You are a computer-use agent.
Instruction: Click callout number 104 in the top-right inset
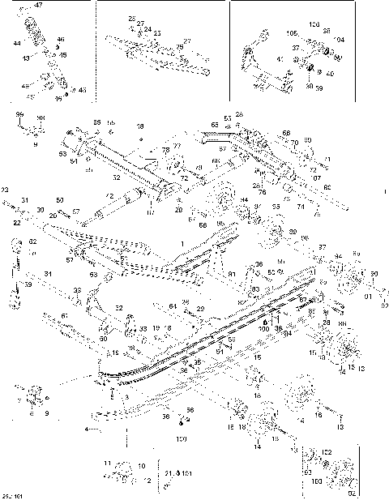pos(339,39)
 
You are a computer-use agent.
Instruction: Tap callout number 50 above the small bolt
pos(60,199)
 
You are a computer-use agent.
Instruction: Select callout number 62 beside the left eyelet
pos(33,241)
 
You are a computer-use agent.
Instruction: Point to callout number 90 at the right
pos(373,273)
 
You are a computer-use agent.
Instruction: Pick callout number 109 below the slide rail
pos(181,438)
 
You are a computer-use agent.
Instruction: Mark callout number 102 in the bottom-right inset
pos(327,451)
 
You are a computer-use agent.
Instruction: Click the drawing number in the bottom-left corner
pos(11,494)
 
